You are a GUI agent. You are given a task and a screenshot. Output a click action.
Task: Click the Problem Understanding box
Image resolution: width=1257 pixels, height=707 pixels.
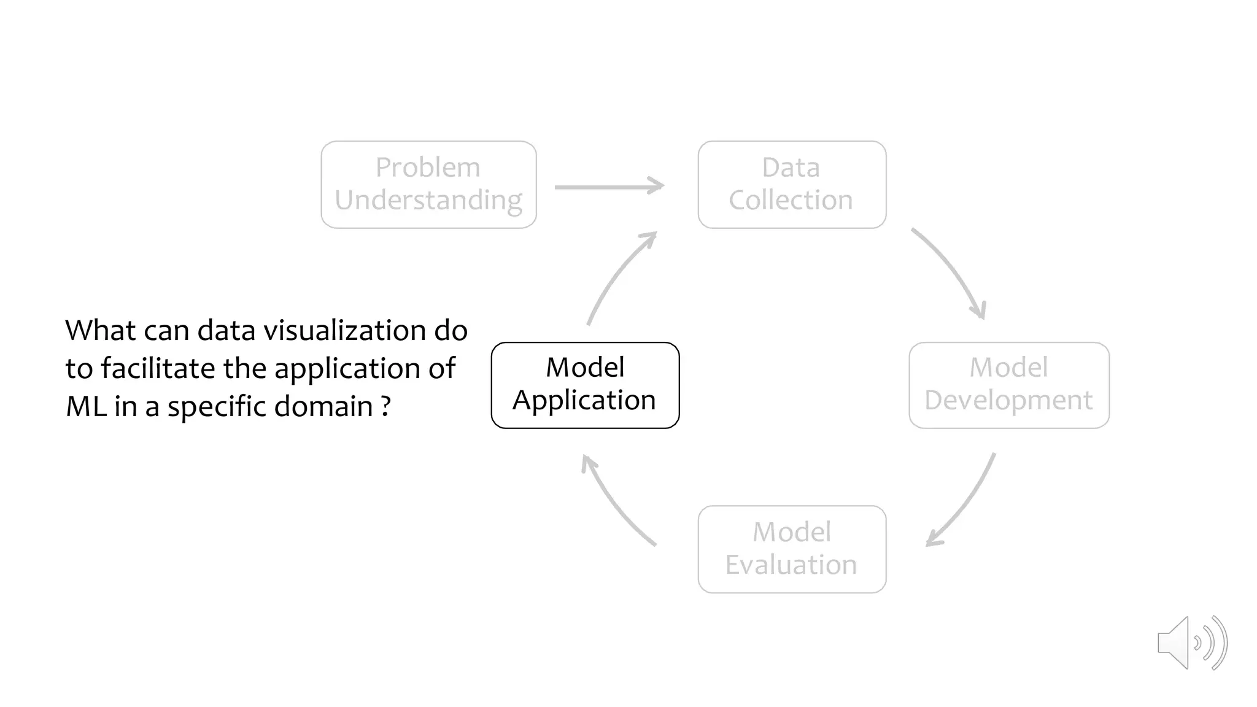pos(428,184)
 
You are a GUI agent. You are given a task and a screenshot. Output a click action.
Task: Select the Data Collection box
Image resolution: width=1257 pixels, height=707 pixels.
pos(792,184)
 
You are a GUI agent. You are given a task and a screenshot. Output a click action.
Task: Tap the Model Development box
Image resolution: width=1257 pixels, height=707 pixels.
pos(1008,385)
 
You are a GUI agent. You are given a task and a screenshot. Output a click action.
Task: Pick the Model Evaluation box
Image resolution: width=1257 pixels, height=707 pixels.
pos(792,549)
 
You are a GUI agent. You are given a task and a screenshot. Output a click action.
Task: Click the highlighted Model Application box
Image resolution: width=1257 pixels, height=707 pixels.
pos(585,385)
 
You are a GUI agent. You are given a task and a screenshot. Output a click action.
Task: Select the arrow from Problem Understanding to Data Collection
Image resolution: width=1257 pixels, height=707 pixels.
pos(609,186)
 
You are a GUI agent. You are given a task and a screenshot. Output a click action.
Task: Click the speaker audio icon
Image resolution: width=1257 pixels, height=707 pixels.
pos(1191,643)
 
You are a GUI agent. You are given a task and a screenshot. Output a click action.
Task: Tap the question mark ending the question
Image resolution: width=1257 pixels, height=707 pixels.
pos(385,406)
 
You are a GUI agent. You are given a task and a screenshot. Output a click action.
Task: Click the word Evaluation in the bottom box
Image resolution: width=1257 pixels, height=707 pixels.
pos(791,565)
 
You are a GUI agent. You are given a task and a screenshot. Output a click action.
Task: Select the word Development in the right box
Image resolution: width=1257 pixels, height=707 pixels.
pos(1008,401)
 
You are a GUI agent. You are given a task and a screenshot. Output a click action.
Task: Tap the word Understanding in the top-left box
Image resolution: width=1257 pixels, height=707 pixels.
pos(428,201)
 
